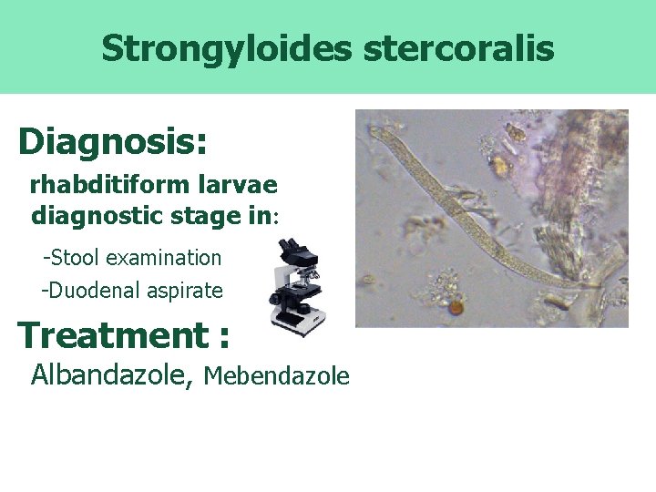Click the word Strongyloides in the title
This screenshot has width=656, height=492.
(x=227, y=48)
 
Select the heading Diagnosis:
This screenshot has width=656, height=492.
(x=113, y=141)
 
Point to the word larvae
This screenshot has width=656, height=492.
(x=240, y=185)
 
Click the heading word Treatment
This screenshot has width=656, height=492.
(x=113, y=335)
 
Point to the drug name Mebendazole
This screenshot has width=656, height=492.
(x=277, y=375)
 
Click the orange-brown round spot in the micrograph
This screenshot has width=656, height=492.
(x=456, y=309)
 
